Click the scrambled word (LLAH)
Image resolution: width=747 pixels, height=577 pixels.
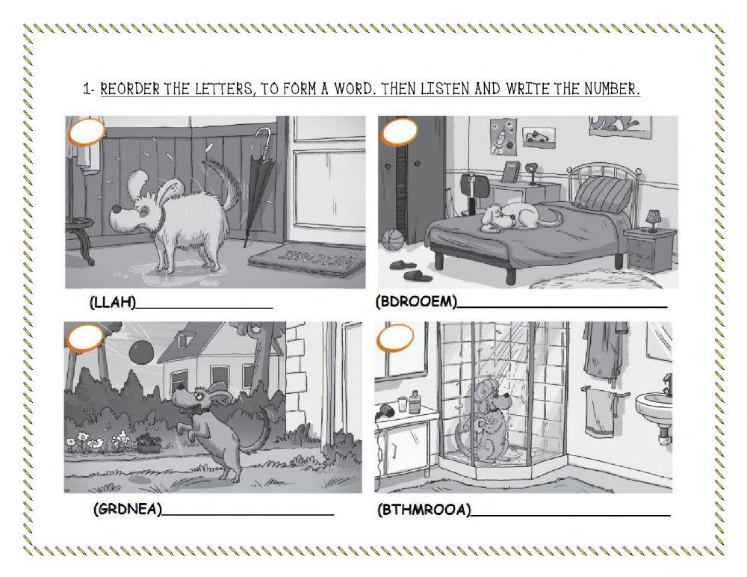(113, 303)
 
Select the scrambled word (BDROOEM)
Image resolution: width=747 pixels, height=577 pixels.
(415, 302)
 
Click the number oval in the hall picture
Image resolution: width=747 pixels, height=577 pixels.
(86, 135)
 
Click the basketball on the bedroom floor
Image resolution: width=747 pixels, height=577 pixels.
(392, 241)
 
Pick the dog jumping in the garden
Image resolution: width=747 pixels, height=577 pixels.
(213, 426)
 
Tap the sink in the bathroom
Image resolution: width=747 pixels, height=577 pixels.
(654, 410)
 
